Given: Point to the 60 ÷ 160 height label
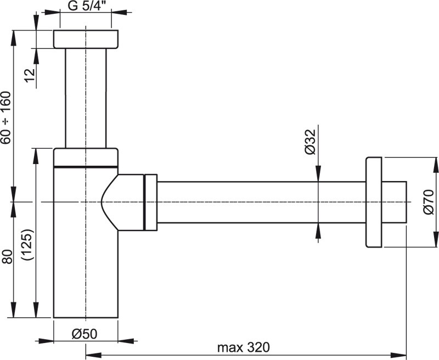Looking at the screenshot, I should (6, 117).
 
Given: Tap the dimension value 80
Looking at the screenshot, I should (6, 257).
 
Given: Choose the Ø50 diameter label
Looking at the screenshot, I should (85, 333).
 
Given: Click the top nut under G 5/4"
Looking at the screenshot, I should (86, 40).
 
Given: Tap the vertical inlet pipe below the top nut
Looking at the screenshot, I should (86, 99).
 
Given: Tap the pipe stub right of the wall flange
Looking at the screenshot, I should (395, 202).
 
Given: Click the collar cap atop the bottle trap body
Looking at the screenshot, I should (86, 157).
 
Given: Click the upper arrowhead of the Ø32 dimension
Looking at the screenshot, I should (318, 175).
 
